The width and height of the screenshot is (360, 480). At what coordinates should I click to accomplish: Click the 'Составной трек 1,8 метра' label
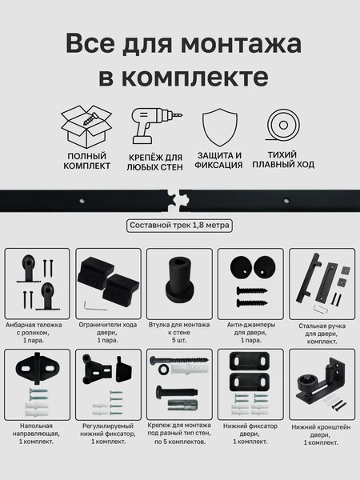(180, 226)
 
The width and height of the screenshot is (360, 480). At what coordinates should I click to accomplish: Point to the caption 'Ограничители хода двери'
(110, 328)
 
